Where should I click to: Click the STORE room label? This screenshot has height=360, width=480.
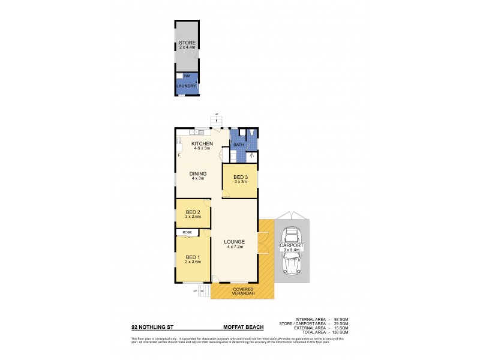point(187,43)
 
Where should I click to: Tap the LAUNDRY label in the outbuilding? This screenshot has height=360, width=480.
point(187,86)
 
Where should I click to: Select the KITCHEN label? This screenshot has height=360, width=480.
point(202,144)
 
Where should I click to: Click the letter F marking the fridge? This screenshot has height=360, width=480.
point(179,156)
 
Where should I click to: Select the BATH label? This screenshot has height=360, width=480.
point(238,145)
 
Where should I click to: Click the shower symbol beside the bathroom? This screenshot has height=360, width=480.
point(252,157)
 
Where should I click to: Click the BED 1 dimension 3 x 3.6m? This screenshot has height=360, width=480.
point(193,262)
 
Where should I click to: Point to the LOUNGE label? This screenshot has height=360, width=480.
point(235,242)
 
